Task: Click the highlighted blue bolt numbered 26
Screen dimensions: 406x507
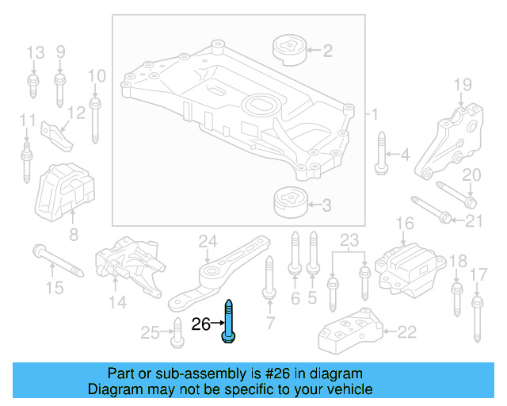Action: pyautogui.click(x=229, y=321)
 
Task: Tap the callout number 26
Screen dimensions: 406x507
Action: pyautogui.click(x=201, y=324)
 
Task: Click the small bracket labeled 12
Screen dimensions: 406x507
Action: pyautogui.click(x=57, y=136)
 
